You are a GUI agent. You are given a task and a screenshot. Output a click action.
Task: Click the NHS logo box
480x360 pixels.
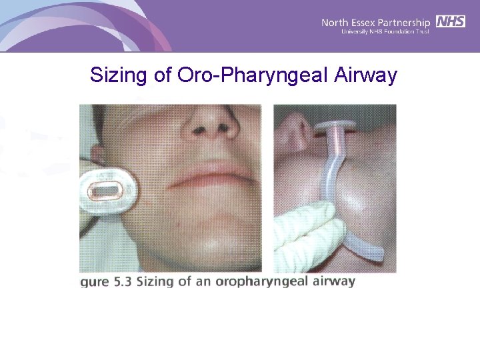451,21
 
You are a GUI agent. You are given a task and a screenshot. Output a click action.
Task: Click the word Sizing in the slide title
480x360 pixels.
117,75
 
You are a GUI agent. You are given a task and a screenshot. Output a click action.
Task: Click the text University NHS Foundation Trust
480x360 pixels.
385,32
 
